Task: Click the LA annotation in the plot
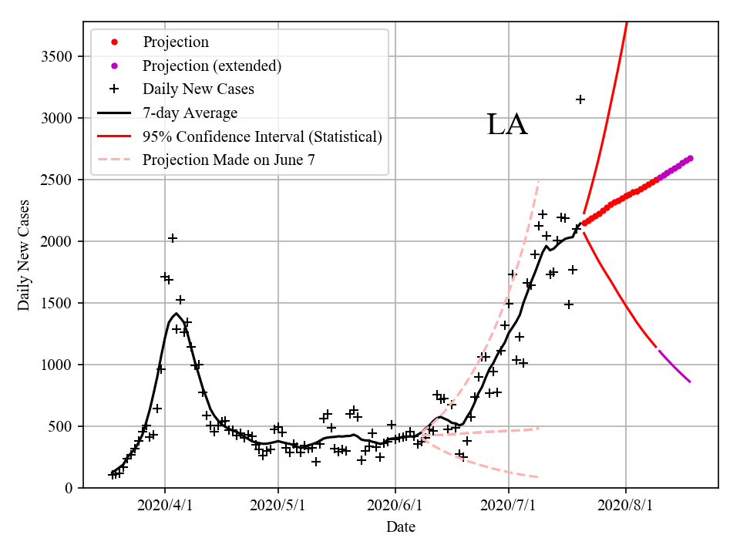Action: pos(507,125)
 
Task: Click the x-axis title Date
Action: pos(401,527)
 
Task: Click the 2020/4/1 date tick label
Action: pos(164,506)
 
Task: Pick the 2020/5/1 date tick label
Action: pos(278,506)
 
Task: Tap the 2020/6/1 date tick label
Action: pos(395,506)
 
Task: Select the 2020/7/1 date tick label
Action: pos(509,506)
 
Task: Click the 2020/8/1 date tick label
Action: pos(626,506)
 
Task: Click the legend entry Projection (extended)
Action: pos(212,66)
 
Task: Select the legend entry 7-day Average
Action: pos(190,113)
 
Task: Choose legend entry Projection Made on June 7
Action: pos(228,160)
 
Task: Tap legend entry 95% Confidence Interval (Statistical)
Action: pos(262,137)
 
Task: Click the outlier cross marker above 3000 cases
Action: pos(580,99)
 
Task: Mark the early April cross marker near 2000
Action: pos(173,238)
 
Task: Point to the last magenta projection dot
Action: pos(690,158)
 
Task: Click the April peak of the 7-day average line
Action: pos(177,314)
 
